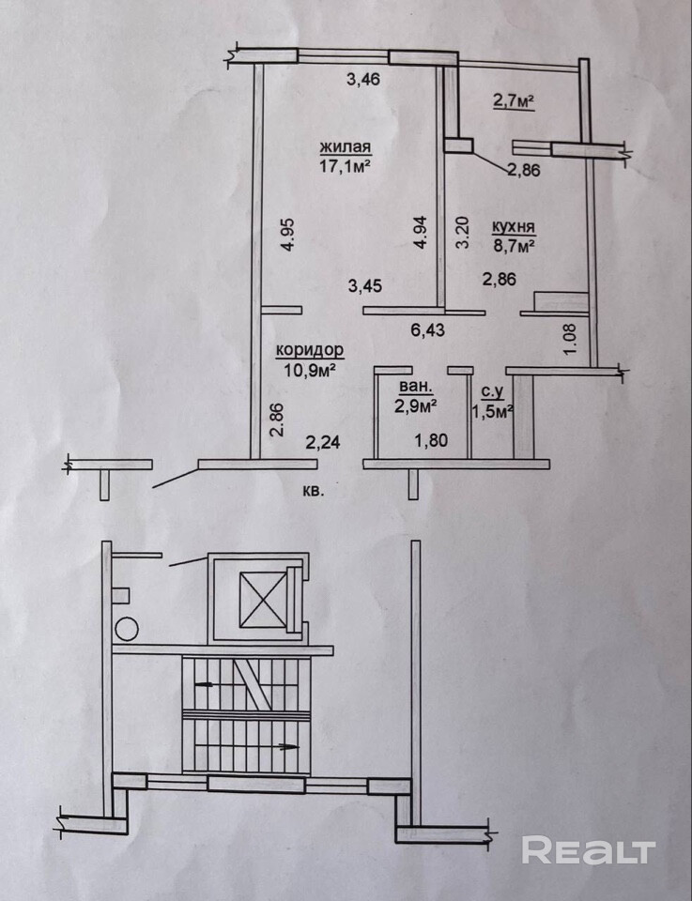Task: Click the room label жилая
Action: point(346,147)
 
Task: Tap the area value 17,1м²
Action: point(346,165)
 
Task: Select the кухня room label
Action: point(513,227)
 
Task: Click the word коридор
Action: point(310,350)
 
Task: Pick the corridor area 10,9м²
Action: point(310,369)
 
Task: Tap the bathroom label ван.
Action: point(416,386)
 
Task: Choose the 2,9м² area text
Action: point(416,405)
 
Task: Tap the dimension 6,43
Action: point(426,328)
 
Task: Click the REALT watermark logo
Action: point(588,850)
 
